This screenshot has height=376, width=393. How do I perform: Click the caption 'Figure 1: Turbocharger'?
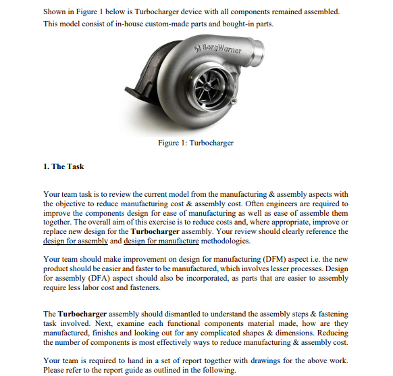pos(196,143)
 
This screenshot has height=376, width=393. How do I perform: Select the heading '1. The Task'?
pos(63,166)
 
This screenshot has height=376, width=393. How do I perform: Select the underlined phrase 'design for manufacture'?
pos(162,241)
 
